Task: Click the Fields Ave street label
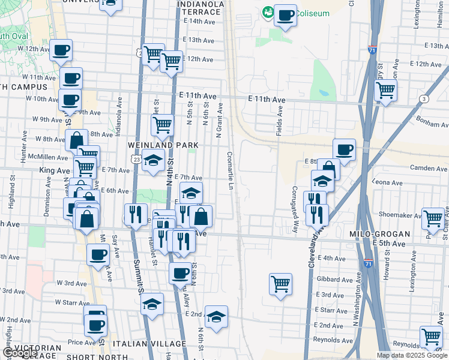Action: click(279, 121)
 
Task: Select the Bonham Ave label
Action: click(431, 123)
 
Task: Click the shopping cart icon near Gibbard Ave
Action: click(281, 284)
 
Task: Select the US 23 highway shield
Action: click(136, 160)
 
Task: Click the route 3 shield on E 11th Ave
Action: click(425, 98)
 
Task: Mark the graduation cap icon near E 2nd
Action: click(215, 316)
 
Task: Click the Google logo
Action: click(19, 353)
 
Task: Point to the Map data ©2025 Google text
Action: click(411, 355)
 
